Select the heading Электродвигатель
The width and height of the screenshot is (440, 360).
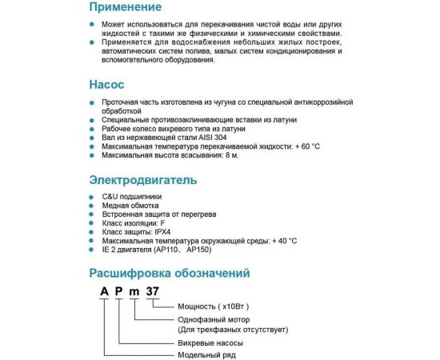coord(142,180)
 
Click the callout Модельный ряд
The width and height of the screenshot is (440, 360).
coord(206,354)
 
